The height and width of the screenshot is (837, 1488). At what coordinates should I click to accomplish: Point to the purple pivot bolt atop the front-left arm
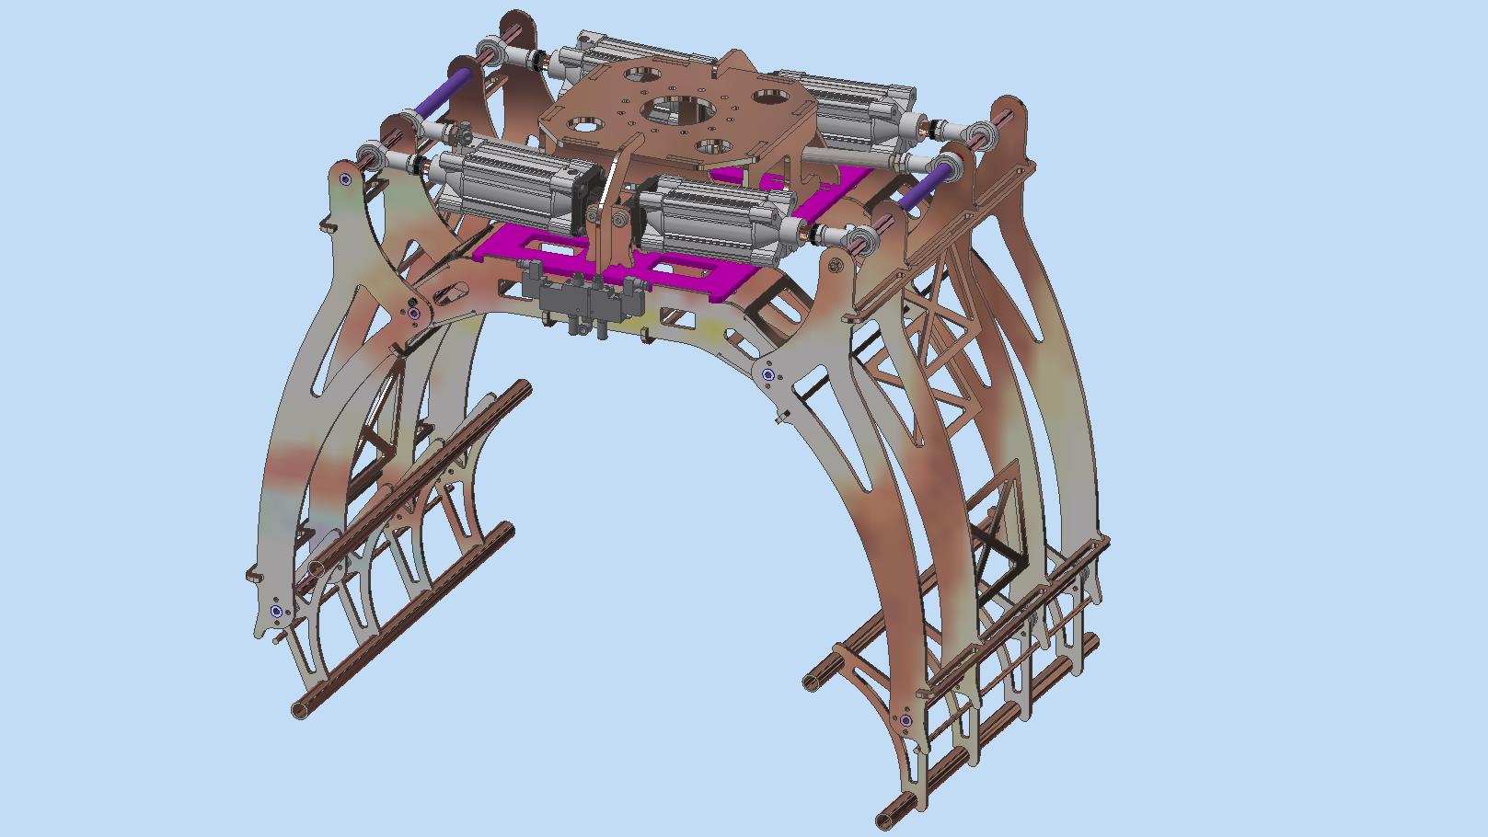coord(345,179)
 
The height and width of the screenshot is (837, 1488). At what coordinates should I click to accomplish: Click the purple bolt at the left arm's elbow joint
coord(413,314)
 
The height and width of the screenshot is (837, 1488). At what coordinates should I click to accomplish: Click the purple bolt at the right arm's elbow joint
coord(768,374)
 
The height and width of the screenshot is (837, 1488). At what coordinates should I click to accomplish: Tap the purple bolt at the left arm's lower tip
coord(276,611)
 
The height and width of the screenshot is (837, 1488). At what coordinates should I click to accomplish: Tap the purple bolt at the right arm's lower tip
coord(905,720)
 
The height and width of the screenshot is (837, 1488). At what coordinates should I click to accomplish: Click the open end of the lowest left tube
coord(300,709)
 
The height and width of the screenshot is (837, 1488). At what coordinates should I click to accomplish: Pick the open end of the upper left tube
coord(316,569)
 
